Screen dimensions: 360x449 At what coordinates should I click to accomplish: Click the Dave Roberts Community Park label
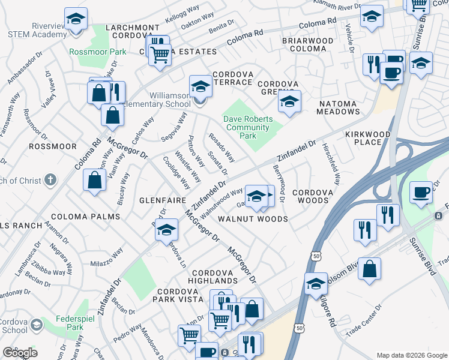(x=247, y=127)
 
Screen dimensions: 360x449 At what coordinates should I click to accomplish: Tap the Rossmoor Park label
(x=98, y=52)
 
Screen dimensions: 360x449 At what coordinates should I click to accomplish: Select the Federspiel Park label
(x=66, y=323)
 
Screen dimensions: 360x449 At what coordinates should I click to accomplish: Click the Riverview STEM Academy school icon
(x=76, y=19)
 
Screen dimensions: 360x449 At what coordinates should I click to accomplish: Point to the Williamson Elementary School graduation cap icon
(x=200, y=87)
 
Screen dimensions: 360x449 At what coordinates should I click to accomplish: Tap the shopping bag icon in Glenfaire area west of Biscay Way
(x=94, y=181)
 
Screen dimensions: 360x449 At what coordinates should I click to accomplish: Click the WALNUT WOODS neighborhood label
(x=252, y=219)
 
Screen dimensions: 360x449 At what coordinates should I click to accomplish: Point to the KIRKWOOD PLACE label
(x=368, y=138)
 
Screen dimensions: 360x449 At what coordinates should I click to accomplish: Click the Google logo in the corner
(x=20, y=352)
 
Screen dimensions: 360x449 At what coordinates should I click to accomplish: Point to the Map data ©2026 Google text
(x=412, y=355)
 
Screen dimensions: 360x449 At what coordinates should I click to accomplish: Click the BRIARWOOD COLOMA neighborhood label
(x=308, y=44)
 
